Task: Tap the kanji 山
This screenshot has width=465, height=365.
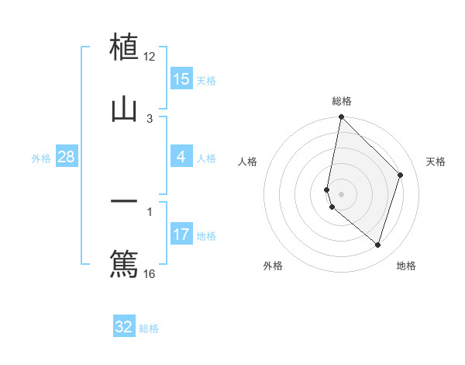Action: pos(125,109)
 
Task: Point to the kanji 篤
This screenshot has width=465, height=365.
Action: pos(125,263)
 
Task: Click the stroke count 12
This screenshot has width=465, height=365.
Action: pos(150,57)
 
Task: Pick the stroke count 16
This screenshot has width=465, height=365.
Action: pos(150,273)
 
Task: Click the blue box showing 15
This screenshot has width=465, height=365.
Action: pos(181,79)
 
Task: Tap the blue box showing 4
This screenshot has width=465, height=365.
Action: pos(181,157)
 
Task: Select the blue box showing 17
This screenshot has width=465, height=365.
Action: pos(181,235)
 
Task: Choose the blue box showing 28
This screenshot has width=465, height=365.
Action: pos(67,157)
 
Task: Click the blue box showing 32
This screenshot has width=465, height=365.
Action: pos(124,327)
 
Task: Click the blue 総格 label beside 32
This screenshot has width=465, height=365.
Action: pos(149,328)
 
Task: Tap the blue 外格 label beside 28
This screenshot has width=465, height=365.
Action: pos(41,158)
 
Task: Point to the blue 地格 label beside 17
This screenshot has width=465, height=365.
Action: pos(206,236)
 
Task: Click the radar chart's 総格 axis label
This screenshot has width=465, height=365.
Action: pos(342,101)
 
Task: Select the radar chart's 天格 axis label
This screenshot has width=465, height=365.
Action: pos(436,162)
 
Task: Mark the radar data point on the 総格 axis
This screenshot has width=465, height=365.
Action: pos(341,116)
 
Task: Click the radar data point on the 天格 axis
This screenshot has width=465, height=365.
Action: pos(401,175)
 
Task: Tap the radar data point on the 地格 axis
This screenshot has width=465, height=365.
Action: pos(377,245)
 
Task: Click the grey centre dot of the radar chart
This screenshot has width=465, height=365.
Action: pos(341,193)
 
